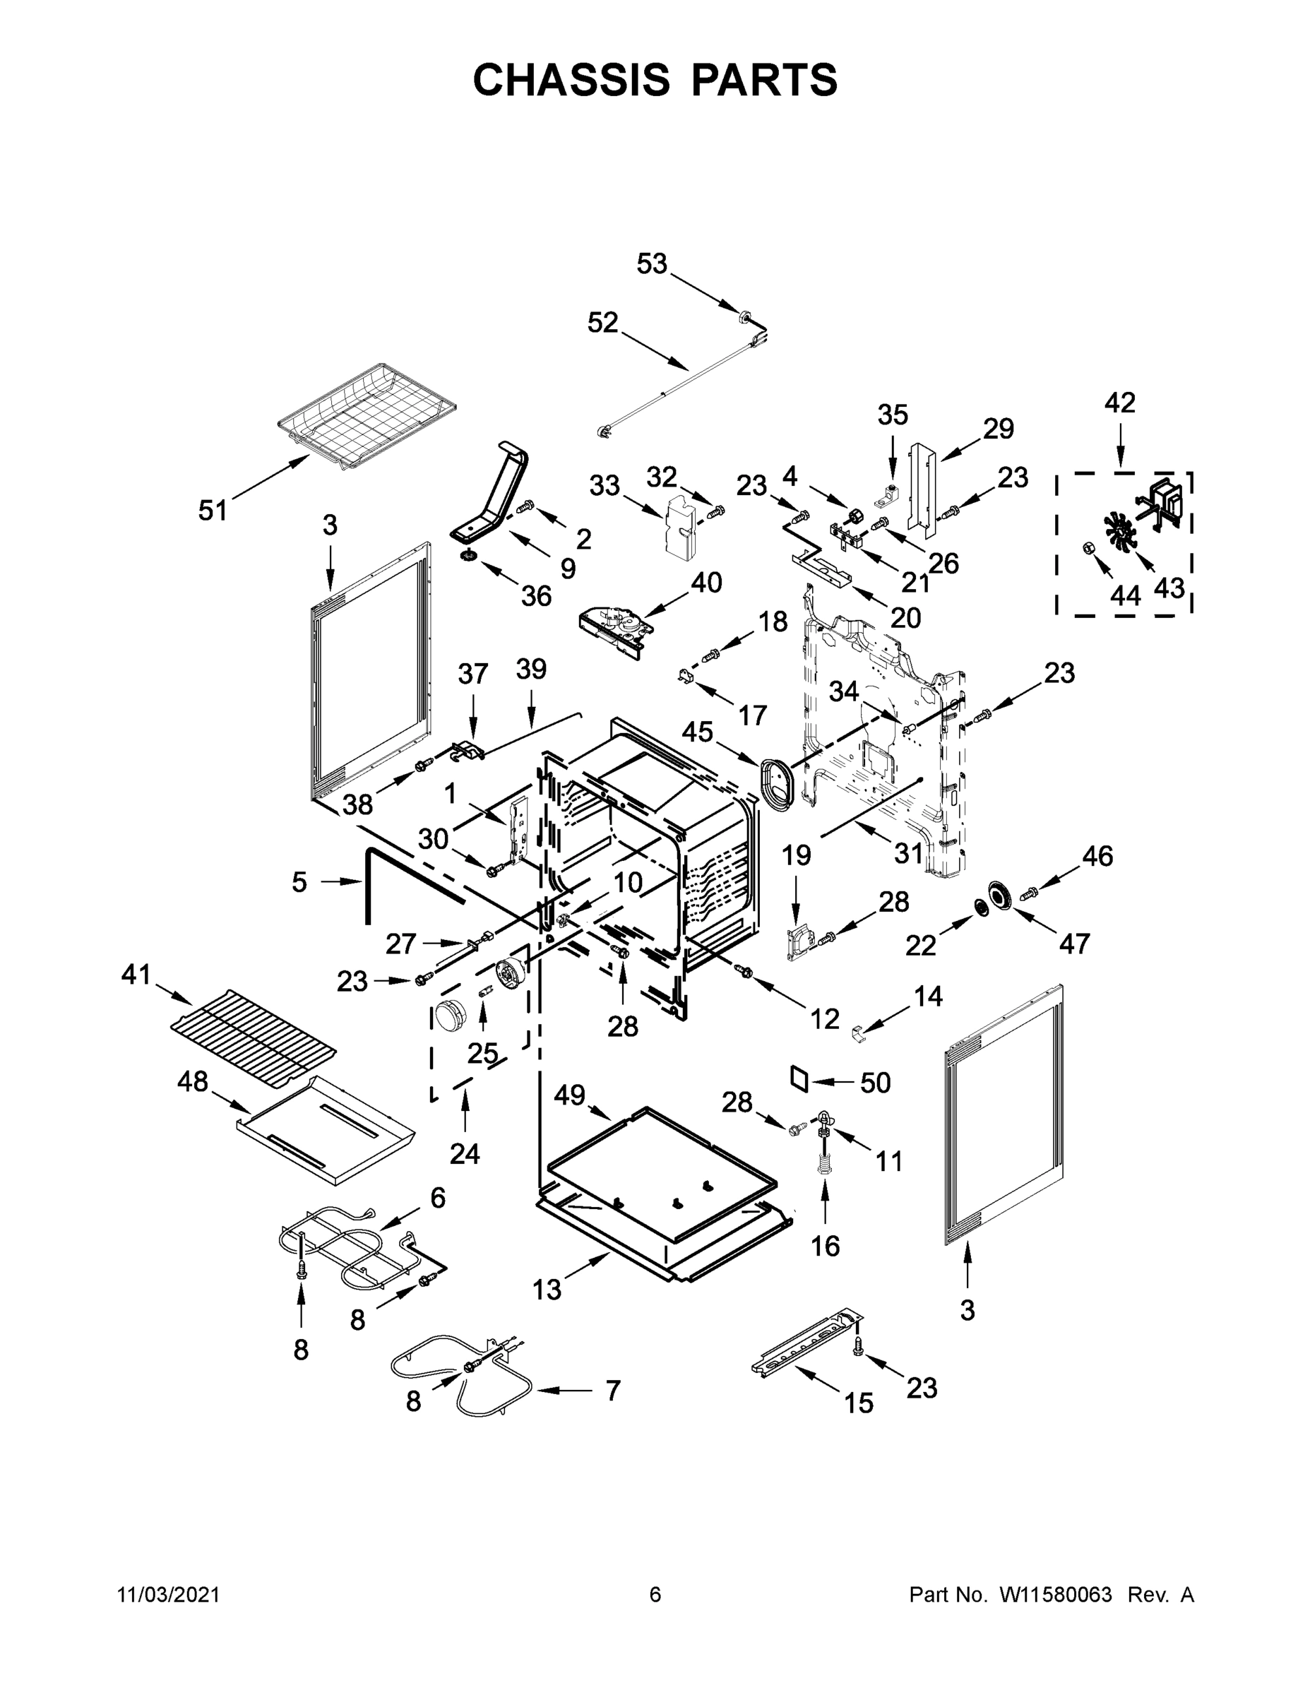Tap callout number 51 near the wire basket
(213, 510)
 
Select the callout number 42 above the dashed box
(1120, 402)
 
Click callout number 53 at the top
(652, 264)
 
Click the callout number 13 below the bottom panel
(547, 1289)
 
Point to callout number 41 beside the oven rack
(136, 974)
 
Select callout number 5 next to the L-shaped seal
(299, 882)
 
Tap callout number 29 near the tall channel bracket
(998, 429)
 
